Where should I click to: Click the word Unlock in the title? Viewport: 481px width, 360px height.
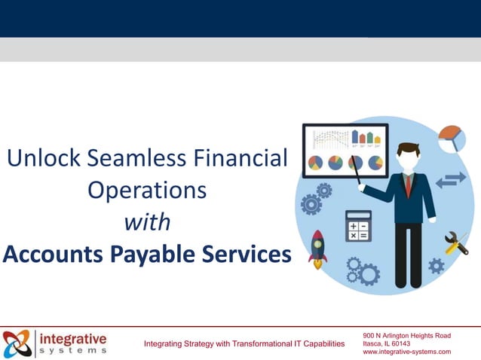pyautogui.click(x=44, y=159)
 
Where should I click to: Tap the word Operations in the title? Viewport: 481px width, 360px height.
pyautogui.click(x=147, y=190)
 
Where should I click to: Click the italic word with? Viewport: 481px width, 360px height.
pyautogui.click(x=147, y=223)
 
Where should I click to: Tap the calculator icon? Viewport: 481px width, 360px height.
pyautogui.click(x=357, y=226)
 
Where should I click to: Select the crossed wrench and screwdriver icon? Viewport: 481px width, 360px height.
pyautogui.click(x=456, y=243)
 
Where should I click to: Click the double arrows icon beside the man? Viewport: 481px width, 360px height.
pyautogui.click(x=451, y=180)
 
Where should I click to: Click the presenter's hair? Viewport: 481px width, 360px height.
pyautogui.click(x=408, y=148)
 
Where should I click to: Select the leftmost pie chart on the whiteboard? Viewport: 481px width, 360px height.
pyautogui.click(x=315, y=163)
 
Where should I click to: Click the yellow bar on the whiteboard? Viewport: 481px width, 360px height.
pyautogui.click(x=377, y=139)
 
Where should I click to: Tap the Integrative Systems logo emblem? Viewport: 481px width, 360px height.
pyautogui.click(x=17, y=343)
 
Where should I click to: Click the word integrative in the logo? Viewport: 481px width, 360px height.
pyautogui.click(x=73, y=338)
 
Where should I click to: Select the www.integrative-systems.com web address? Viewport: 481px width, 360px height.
pyautogui.click(x=406, y=352)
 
